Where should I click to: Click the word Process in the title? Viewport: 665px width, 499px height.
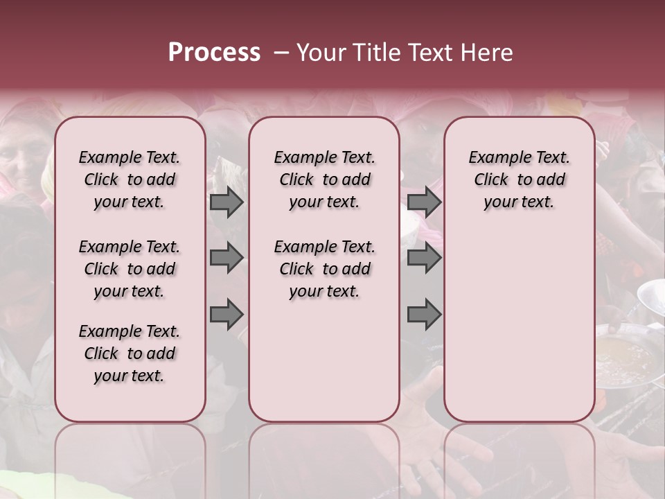pyautogui.click(x=214, y=53)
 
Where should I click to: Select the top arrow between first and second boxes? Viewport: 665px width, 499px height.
pyautogui.click(x=227, y=202)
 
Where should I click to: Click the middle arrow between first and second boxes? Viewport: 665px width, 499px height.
pyautogui.click(x=227, y=259)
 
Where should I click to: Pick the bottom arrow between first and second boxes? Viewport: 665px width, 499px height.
pyautogui.click(x=227, y=315)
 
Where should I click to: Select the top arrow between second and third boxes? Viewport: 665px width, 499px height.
pyautogui.click(x=424, y=202)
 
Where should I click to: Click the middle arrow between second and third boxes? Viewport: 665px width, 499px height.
pyautogui.click(x=424, y=259)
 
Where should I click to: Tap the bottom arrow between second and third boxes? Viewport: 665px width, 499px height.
pyautogui.click(x=424, y=315)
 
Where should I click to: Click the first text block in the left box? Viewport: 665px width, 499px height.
pyautogui.click(x=130, y=180)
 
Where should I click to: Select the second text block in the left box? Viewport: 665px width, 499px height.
pyautogui.click(x=130, y=269)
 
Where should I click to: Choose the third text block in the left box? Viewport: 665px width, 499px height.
pyautogui.click(x=130, y=353)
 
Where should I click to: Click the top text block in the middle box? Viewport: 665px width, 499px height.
pyautogui.click(x=324, y=180)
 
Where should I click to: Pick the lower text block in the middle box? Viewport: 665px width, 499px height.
pyautogui.click(x=324, y=269)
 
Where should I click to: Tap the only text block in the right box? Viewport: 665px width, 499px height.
pyautogui.click(x=519, y=180)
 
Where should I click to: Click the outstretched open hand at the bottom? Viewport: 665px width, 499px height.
pyautogui.click(x=443, y=450)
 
